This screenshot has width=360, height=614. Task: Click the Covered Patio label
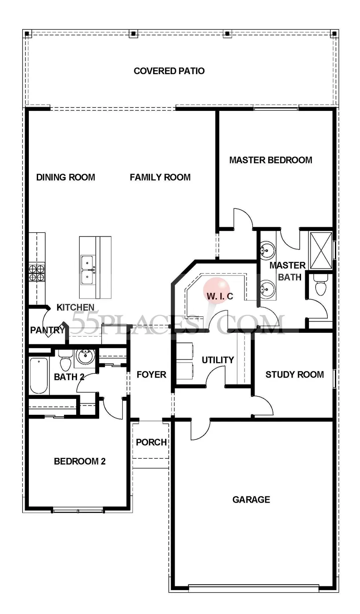pyautogui.click(x=169, y=71)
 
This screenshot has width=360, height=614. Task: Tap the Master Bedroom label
pyautogui.click(x=270, y=160)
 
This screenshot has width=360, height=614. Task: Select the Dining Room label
pyautogui.click(x=66, y=177)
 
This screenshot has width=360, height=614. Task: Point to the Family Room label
pyautogui.click(x=160, y=177)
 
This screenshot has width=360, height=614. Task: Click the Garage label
pyautogui.click(x=251, y=499)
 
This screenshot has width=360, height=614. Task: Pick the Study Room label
pyautogui.click(x=294, y=375)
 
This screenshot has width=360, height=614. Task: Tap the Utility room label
pyautogui.click(x=218, y=360)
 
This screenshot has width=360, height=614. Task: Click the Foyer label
pyautogui.click(x=152, y=375)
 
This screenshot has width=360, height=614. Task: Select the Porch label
pyautogui.click(x=151, y=442)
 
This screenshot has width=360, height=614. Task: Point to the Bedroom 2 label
pyautogui.click(x=80, y=462)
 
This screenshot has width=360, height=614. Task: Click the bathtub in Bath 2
pyautogui.click(x=39, y=375)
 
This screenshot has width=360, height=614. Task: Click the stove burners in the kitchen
pyautogui.click(x=36, y=272)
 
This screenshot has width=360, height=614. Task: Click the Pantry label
pyautogui.click(x=47, y=330)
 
